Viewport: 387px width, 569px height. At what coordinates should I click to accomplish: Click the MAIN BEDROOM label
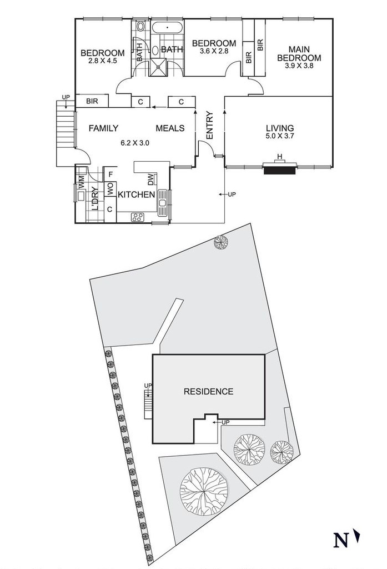(x=299, y=53)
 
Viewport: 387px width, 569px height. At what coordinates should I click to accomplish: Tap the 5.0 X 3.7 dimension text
(x=280, y=136)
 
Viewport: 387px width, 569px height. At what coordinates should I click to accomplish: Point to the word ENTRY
(x=210, y=126)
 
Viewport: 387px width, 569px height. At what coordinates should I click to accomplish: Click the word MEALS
(x=170, y=128)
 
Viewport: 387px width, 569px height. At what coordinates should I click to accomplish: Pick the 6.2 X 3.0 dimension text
(x=135, y=142)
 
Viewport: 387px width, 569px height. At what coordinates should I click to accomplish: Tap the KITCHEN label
(x=135, y=194)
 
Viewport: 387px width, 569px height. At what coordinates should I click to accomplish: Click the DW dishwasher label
(x=150, y=179)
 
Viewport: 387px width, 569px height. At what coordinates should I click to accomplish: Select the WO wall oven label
(x=110, y=188)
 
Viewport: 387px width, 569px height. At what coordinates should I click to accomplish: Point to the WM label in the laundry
(x=82, y=181)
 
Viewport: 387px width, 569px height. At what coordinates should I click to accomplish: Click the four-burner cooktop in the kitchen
(x=137, y=217)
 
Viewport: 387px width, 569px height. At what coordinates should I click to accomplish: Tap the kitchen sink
(x=163, y=204)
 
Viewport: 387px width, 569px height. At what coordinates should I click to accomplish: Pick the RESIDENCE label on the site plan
(x=208, y=391)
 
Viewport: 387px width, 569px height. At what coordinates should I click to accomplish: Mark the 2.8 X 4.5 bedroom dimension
(x=103, y=61)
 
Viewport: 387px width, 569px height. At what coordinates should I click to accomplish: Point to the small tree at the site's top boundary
(x=222, y=242)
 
